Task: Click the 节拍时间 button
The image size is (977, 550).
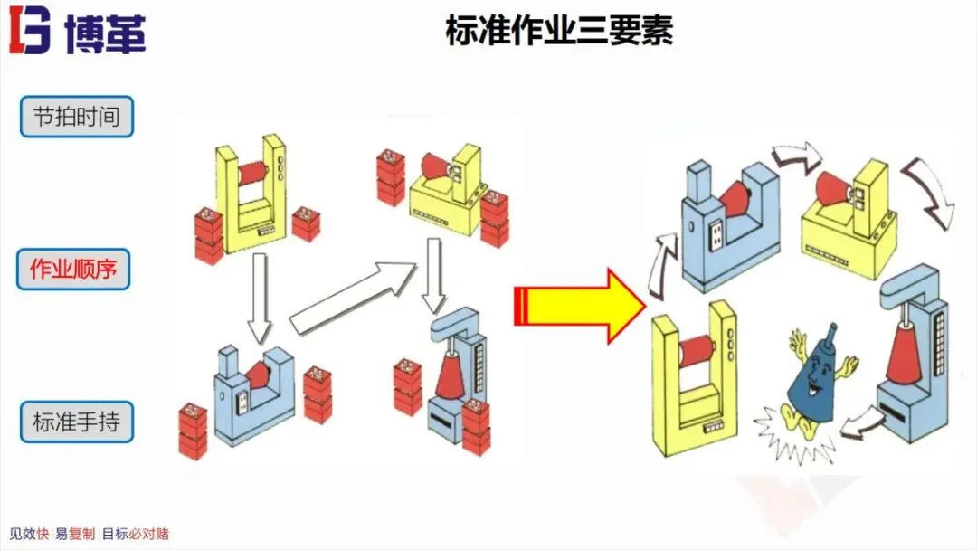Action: click(x=77, y=117)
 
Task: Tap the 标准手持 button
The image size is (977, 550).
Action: click(x=77, y=422)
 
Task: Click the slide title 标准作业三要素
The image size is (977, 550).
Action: click(x=559, y=33)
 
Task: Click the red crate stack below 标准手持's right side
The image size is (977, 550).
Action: click(x=192, y=431)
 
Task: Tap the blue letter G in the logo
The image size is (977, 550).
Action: click(x=35, y=33)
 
